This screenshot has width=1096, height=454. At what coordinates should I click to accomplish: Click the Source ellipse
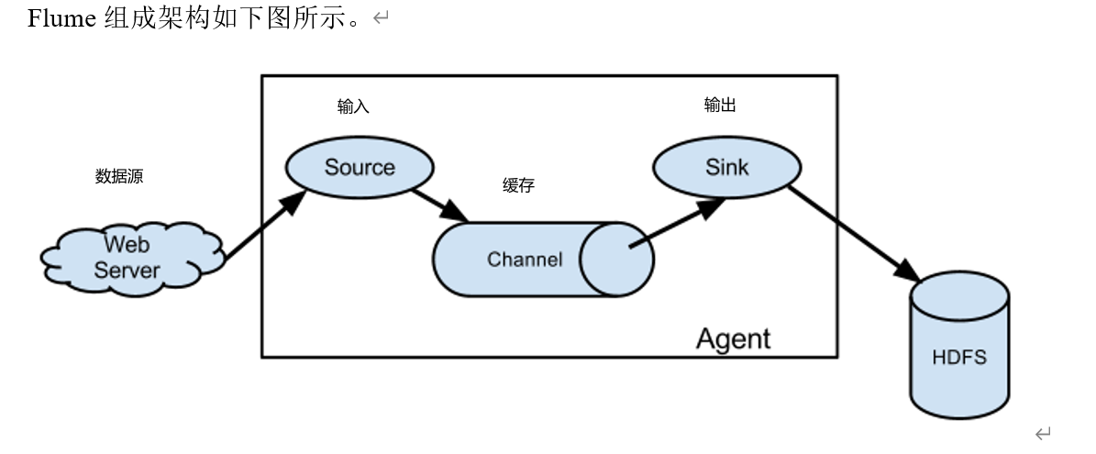(x=360, y=167)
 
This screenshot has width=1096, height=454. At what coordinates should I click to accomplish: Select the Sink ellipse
(x=726, y=167)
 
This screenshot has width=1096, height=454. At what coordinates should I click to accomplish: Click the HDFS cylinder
(x=959, y=358)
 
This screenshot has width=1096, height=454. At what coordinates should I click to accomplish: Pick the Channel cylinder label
(x=525, y=260)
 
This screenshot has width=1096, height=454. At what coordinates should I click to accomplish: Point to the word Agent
(x=733, y=338)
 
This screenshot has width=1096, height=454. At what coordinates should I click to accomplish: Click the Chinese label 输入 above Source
(x=353, y=107)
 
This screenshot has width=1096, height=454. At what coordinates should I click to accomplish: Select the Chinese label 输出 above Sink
(x=720, y=105)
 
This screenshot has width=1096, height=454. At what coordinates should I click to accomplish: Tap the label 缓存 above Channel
(x=518, y=185)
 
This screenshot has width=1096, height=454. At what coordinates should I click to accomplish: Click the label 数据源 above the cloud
(x=119, y=176)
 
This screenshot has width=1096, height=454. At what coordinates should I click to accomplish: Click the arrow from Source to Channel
(x=438, y=204)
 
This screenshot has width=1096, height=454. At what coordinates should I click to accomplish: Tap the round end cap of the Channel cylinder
(x=616, y=260)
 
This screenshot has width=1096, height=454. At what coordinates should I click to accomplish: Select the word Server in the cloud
(x=127, y=271)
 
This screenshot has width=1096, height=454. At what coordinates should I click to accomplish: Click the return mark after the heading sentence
(x=381, y=19)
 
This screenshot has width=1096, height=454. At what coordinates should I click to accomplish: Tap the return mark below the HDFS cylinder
(x=1042, y=433)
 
